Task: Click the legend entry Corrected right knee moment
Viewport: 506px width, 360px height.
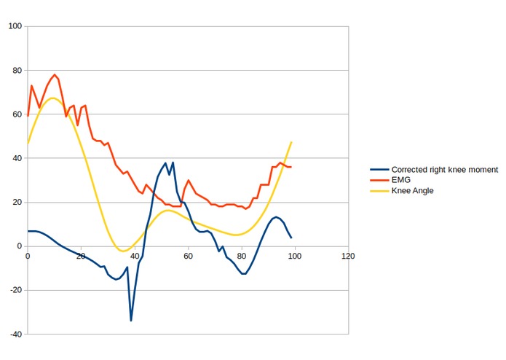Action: (x=444, y=169)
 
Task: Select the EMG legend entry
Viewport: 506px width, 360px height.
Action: (x=401, y=180)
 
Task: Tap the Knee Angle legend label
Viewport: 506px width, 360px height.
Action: (x=413, y=191)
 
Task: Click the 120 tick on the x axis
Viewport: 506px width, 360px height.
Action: (x=348, y=256)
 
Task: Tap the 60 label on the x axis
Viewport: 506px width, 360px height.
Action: (x=188, y=256)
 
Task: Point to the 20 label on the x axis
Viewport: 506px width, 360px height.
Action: (x=81, y=256)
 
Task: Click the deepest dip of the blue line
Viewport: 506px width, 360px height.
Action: (x=131, y=320)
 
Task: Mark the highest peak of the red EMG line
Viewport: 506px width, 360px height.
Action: (x=55, y=74)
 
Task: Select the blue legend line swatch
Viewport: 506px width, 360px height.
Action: (x=379, y=169)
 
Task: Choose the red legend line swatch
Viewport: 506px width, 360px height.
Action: (x=379, y=180)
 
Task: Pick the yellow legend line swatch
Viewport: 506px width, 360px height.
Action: (x=379, y=191)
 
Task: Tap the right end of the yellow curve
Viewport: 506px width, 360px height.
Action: (x=291, y=142)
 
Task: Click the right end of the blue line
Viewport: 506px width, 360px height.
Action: (x=291, y=238)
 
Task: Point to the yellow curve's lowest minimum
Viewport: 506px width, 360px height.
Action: (x=123, y=251)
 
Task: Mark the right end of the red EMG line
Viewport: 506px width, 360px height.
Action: (x=291, y=167)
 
